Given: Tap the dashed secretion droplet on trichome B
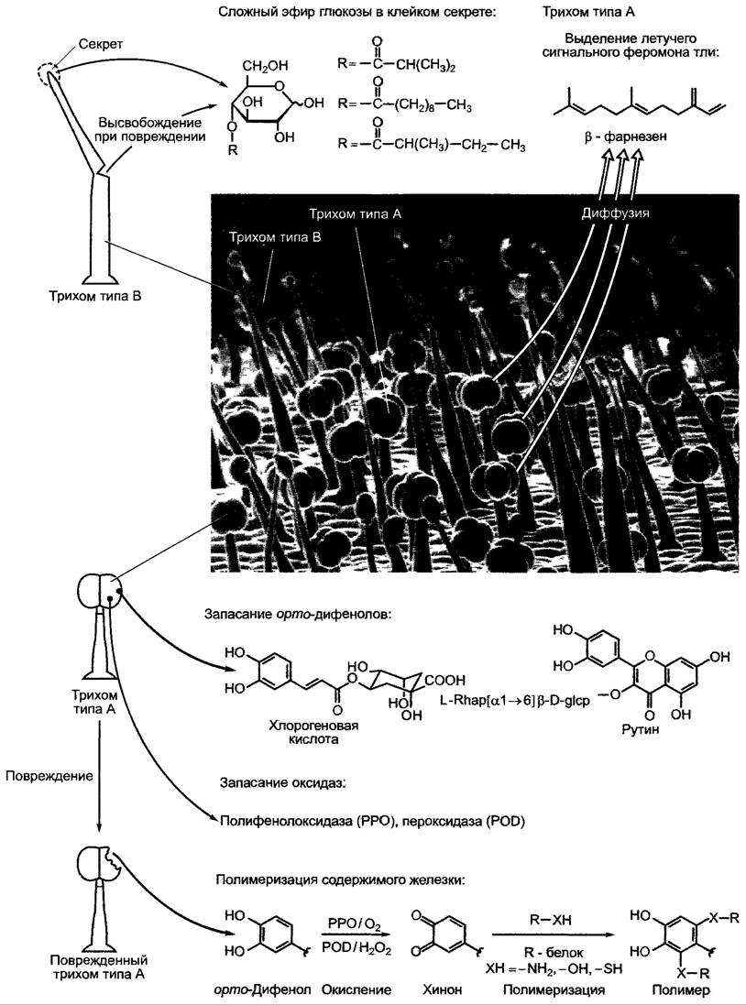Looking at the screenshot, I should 50,74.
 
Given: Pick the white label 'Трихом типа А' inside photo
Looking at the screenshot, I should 356,213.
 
